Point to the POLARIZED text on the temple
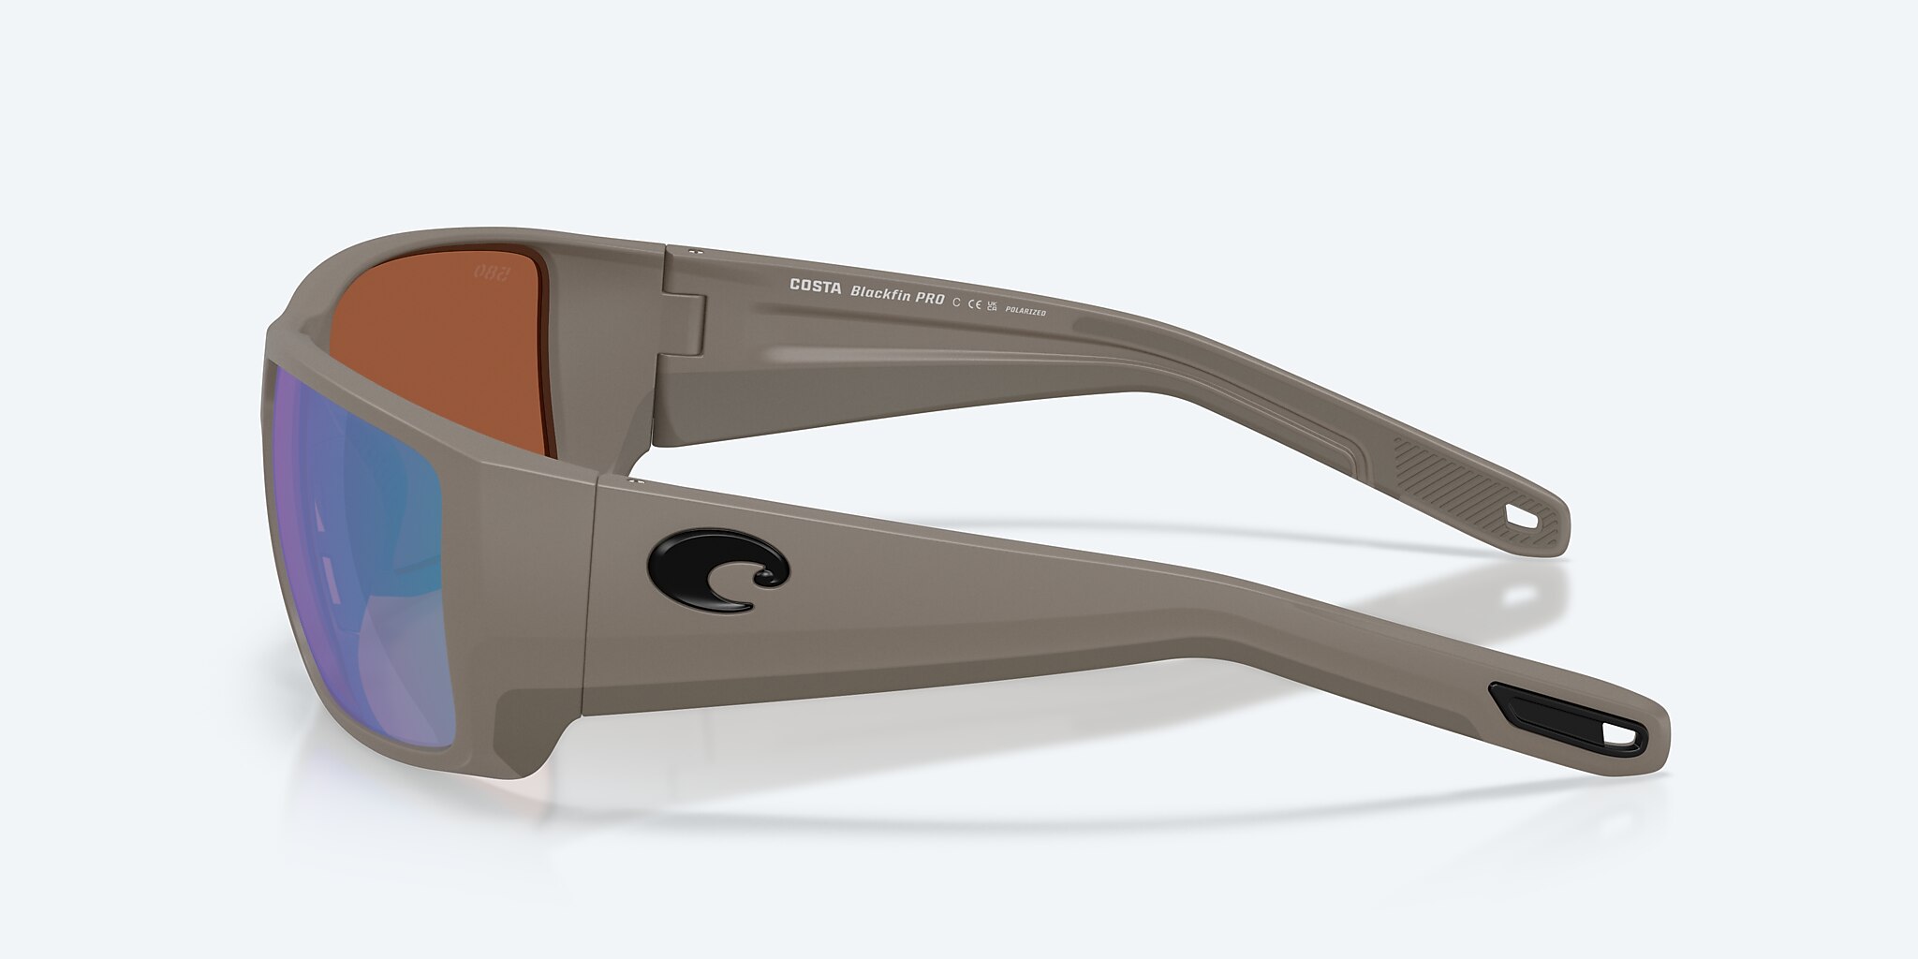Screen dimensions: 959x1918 pyautogui.click(x=1025, y=309)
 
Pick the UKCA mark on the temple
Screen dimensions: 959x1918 pyautogui.click(x=993, y=304)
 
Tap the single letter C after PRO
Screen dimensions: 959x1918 pyautogui.click(x=956, y=301)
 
